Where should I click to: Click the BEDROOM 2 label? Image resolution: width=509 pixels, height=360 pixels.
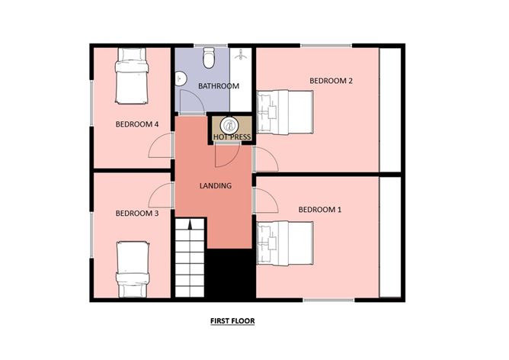(x=330, y=80)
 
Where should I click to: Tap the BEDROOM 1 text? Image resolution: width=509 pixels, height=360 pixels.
(x=319, y=209)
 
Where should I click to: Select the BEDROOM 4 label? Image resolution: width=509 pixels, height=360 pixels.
(x=137, y=124)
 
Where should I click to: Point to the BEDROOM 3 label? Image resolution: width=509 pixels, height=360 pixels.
(x=137, y=214)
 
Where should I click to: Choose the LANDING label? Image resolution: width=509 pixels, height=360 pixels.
(x=216, y=185)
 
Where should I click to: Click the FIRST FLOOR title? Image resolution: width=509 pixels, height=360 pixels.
(x=232, y=322)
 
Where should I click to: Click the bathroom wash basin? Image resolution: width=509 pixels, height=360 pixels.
(x=181, y=79)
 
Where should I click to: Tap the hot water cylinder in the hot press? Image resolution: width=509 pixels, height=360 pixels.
(x=229, y=125)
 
